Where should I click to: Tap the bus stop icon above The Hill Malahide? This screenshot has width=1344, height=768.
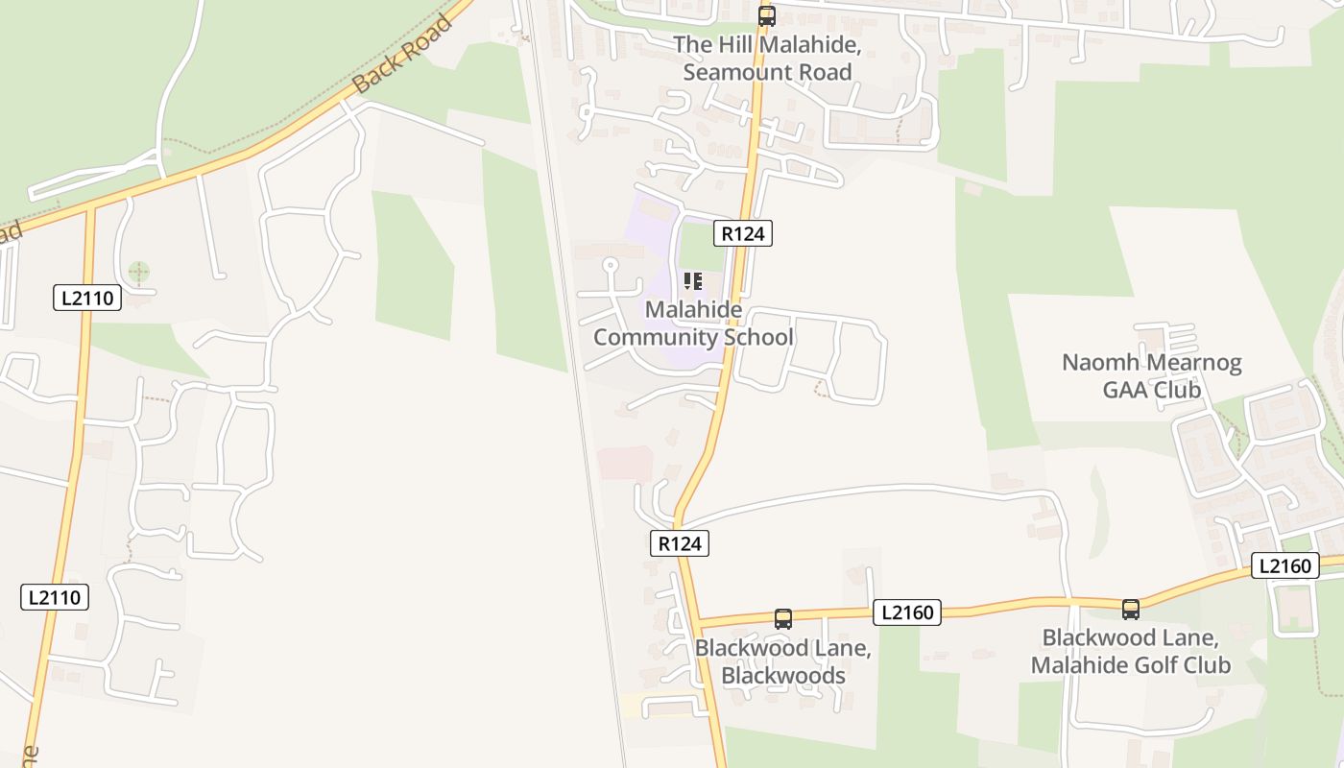tap(766, 15)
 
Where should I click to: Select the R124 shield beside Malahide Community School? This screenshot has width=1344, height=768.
tap(743, 233)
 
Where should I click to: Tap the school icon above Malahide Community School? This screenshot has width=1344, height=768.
tap(693, 281)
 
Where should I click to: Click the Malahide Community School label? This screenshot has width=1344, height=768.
tap(693, 324)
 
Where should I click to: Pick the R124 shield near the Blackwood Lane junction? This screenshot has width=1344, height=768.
tap(680, 543)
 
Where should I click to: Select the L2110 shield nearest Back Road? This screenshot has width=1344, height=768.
tap(86, 298)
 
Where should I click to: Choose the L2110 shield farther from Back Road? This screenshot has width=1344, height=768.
tap(55, 597)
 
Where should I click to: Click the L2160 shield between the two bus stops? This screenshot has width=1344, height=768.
tap(906, 612)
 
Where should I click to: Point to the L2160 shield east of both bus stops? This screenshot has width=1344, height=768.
tap(1284, 566)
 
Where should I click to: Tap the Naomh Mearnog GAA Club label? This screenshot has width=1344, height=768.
tap(1151, 376)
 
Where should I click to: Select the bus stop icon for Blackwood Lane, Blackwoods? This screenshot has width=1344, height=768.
tap(783, 619)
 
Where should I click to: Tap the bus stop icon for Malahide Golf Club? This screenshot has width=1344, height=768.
tap(1131, 609)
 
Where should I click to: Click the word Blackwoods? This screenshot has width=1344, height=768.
tap(783, 676)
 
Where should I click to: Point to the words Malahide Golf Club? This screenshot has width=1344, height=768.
tap(1130, 665)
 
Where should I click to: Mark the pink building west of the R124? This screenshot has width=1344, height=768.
tap(625, 464)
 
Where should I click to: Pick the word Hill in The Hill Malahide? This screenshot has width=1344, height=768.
tap(732, 44)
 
